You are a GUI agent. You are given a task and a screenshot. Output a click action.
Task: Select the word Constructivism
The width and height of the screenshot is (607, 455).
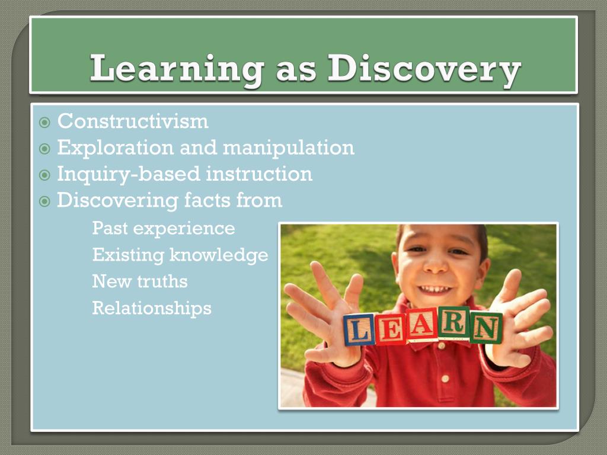click(133, 121)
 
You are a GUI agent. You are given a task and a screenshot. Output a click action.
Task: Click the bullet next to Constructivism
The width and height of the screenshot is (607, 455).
click(44, 123)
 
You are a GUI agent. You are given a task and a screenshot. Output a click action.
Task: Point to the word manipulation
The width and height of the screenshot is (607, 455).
click(289, 148)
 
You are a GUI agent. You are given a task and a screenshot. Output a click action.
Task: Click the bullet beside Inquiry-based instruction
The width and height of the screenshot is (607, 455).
click(44, 175)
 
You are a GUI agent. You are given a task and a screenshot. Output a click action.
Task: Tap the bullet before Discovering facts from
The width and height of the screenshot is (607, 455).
click(44, 201)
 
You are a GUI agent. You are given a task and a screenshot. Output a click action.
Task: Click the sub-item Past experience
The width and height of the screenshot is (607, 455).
click(164, 228)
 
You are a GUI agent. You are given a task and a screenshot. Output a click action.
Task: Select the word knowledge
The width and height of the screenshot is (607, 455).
click(219, 255)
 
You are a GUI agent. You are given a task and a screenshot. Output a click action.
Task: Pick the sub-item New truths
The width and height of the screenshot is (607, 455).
click(140, 281)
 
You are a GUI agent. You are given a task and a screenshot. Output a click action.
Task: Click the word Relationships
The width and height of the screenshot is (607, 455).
click(152, 308)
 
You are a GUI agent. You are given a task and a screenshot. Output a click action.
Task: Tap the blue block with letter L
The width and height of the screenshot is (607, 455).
click(360, 329)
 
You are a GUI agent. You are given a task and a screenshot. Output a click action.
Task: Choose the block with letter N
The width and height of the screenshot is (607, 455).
click(486, 328)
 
